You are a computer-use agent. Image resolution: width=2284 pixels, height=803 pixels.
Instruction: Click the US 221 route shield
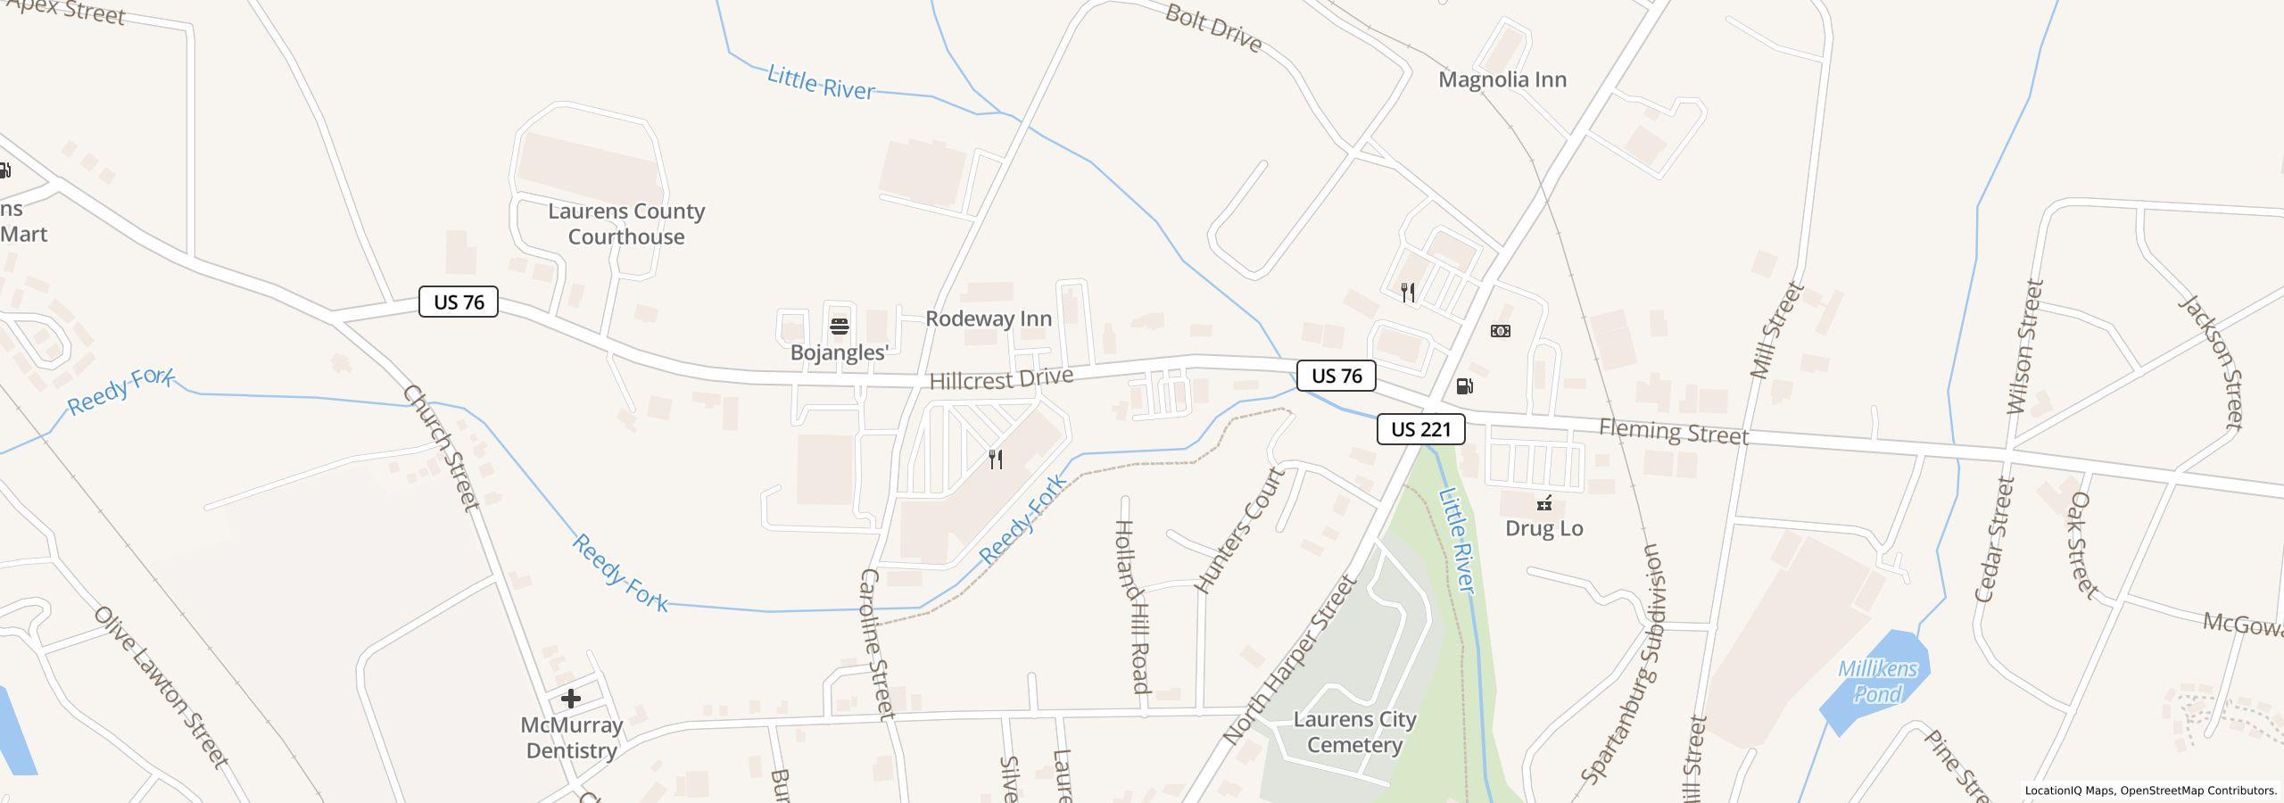(1420, 429)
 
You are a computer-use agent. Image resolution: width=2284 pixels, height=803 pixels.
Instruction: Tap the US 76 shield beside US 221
(1336, 376)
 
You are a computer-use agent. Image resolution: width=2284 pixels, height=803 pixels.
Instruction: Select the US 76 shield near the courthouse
(459, 302)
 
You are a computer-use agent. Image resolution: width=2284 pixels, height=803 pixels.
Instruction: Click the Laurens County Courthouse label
(625, 224)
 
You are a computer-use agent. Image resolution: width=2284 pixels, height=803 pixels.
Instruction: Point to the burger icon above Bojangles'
(839, 327)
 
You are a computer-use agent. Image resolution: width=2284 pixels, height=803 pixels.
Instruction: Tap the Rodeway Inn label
(988, 319)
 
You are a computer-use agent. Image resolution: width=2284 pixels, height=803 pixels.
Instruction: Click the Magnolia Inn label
(1502, 79)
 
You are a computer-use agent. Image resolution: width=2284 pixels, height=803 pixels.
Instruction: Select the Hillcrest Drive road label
(1000, 378)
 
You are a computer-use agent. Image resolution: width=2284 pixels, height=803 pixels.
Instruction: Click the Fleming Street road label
(1673, 432)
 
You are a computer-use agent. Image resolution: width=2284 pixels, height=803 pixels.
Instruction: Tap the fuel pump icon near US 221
(1464, 386)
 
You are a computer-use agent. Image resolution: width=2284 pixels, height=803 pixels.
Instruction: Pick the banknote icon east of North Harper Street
(1501, 331)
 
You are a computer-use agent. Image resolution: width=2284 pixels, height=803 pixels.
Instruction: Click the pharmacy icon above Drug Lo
(1543, 503)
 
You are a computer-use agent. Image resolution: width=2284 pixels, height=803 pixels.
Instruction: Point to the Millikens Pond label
(1877, 682)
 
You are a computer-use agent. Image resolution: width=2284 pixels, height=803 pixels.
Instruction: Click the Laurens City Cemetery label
(1354, 732)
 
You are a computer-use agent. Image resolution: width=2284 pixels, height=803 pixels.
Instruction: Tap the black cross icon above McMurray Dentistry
(571, 699)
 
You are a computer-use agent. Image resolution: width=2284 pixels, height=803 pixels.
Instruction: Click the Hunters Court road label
(1240, 530)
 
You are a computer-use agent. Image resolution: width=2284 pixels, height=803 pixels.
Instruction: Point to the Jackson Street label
(2210, 361)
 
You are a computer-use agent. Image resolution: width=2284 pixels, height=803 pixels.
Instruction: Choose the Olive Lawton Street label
(161, 687)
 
